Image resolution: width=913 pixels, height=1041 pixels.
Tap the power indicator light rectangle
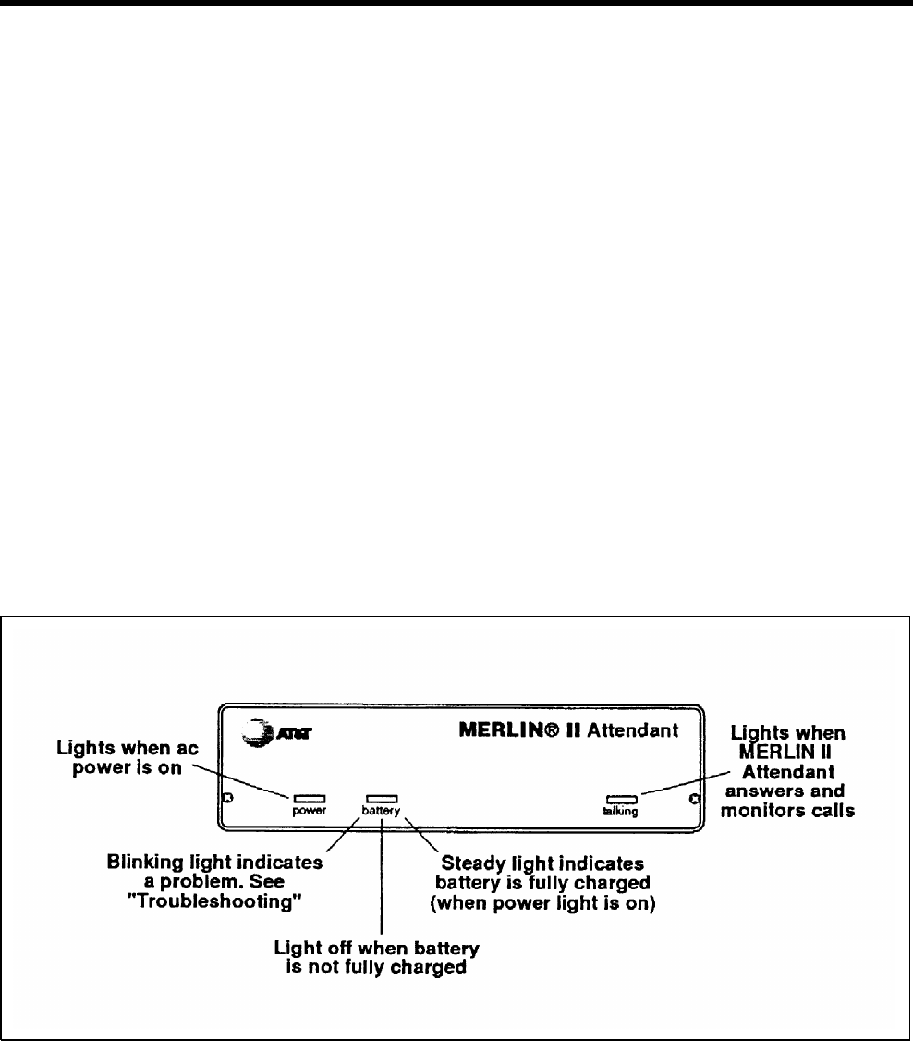click(308, 797)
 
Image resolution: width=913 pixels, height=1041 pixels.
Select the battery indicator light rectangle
click(382, 797)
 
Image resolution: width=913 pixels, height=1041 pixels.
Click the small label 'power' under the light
click(309, 811)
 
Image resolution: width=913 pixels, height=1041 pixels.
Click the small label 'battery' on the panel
click(382, 811)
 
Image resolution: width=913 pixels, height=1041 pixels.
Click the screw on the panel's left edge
click(228, 798)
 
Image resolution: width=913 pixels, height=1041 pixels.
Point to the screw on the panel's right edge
click(693, 798)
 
